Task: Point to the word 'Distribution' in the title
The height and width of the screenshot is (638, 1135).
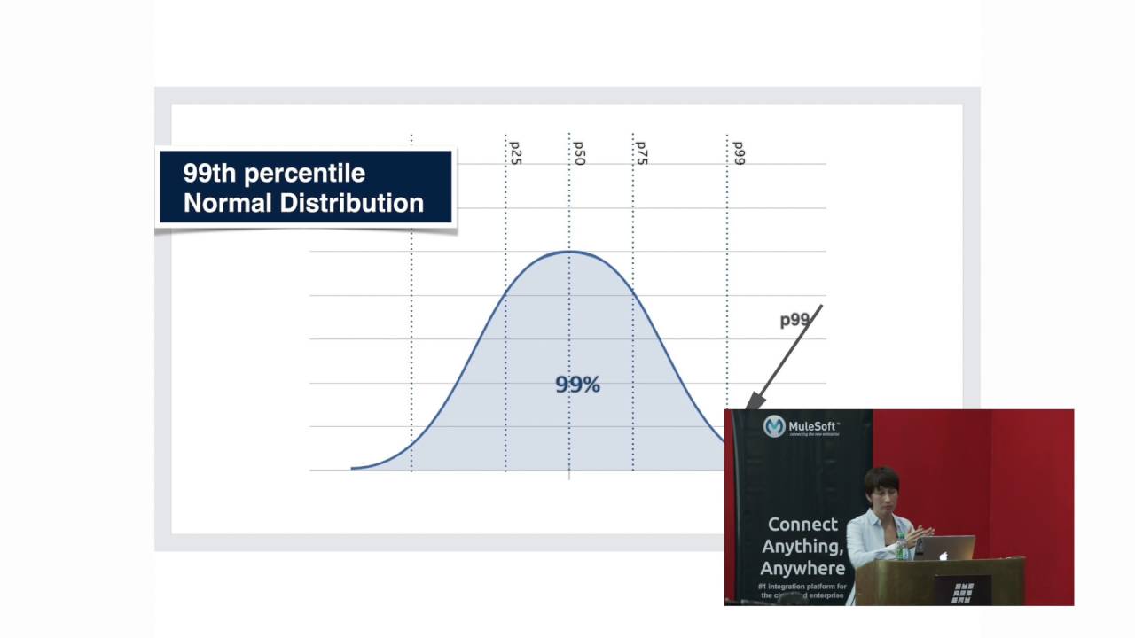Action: [352, 203]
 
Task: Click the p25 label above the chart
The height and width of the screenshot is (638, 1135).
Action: [515, 153]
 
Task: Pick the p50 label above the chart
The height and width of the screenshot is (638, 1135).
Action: [579, 153]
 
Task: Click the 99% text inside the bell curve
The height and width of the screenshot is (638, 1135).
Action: [577, 385]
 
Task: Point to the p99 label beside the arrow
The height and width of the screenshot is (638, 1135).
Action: [794, 320]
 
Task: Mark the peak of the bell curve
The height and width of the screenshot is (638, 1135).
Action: [569, 253]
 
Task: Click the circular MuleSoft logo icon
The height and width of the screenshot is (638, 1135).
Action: [774, 426]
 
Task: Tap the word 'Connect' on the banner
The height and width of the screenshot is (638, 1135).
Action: [802, 525]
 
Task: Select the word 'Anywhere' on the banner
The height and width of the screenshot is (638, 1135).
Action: [802, 568]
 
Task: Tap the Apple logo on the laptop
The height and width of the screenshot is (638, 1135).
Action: [943, 556]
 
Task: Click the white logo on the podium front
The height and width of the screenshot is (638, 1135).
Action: [962, 592]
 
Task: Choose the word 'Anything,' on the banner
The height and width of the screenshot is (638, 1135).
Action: [802, 547]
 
